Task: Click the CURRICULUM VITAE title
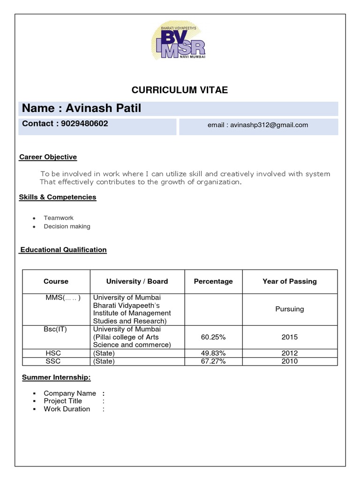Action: [x=180, y=90]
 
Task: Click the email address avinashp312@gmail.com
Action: [x=258, y=125]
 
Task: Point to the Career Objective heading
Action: [x=48, y=157]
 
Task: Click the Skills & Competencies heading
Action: [x=57, y=197]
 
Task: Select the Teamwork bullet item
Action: [x=59, y=218]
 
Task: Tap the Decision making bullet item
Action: [x=67, y=226]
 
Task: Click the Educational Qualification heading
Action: [x=63, y=250]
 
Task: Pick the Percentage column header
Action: [x=213, y=281]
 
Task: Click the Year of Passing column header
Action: [x=289, y=281]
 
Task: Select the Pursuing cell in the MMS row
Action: [x=289, y=309]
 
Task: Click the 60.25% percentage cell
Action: [x=213, y=337]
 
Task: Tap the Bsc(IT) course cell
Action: [x=56, y=329]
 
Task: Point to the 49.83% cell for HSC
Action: [x=213, y=353]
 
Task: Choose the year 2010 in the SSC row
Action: [x=289, y=361]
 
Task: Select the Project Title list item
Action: [x=63, y=401]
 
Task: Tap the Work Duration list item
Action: [x=67, y=409]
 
